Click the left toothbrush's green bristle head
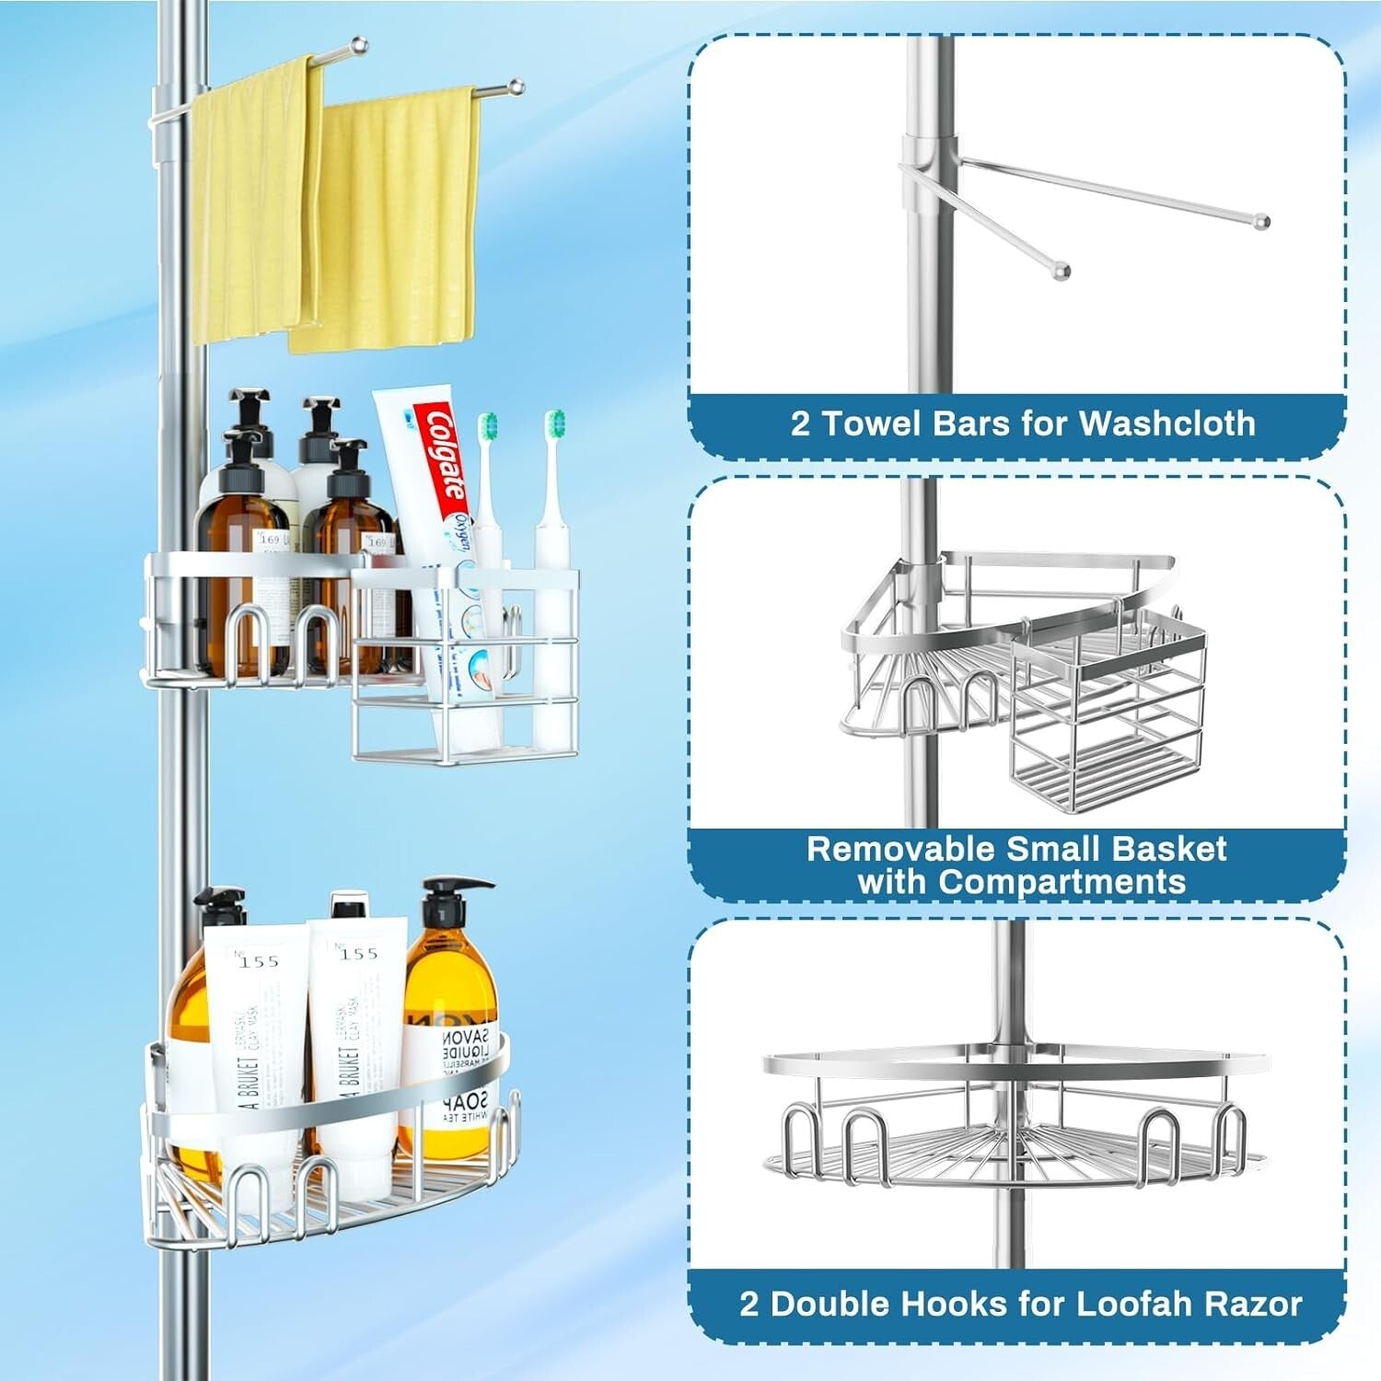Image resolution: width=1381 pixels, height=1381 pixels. (488, 425)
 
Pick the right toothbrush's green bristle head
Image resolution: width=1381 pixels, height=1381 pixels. (554, 424)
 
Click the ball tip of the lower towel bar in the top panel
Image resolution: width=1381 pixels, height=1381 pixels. (1062, 271)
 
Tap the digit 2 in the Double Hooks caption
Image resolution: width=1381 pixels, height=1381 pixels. (749, 1304)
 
